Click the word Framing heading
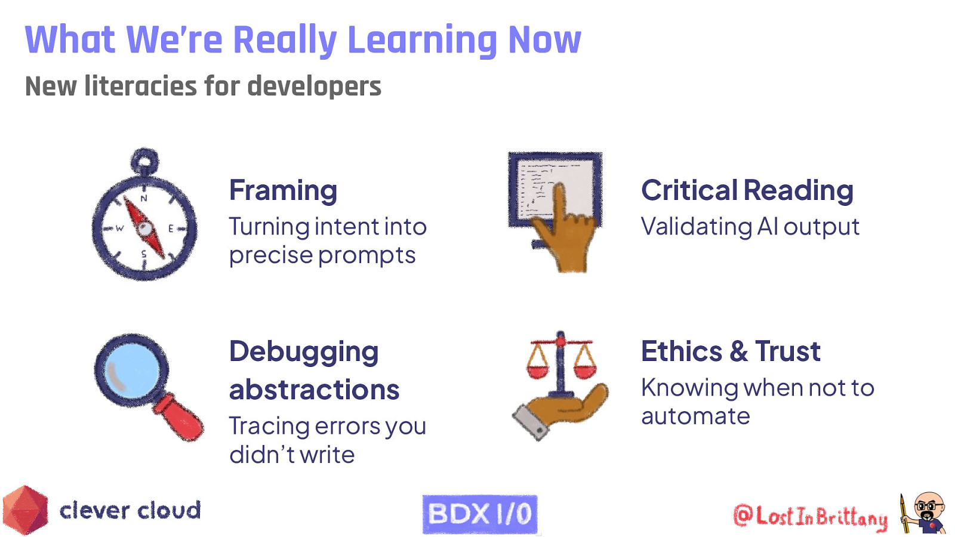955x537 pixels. click(x=283, y=191)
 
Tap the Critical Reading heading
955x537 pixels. click(x=747, y=191)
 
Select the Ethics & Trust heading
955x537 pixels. click(x=731, y=351)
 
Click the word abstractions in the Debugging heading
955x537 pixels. click(x=314, y=390)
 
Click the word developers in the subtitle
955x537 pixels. click(x=314, y=87)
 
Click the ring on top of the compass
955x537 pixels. click(x=144, y=160)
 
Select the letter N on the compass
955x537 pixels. click(x=143, y=198)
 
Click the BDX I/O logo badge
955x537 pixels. click(x=480, y=514)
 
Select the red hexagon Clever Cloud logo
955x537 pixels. click(x=25, y=511)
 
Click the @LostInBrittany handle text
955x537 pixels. click(x=810, y=517)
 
